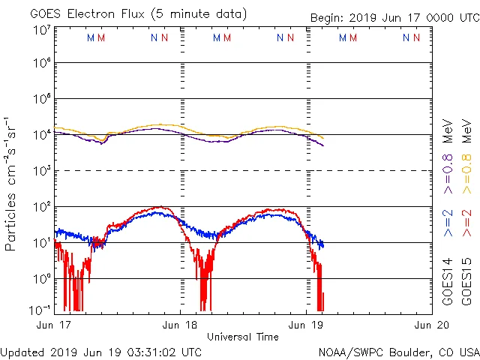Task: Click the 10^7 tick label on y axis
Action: tap(41, 29)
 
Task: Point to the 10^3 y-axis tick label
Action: tap(41, 170)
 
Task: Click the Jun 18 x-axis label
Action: tap(181, 325)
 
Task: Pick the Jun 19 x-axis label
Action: tap(306, 325)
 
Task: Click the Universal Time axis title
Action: tap(243, 337)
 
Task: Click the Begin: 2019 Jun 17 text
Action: tap(394, 17)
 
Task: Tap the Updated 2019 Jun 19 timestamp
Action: tap(101, 351)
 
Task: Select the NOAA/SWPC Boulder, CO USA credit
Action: tap(398, 351)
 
